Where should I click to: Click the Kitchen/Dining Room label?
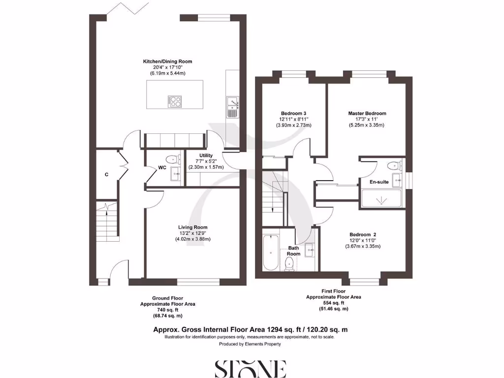tap(167, 62)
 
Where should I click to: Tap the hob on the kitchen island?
tap(175, 101)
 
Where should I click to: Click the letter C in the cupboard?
tap(106, 174)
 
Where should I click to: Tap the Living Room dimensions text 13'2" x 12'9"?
tap(193, 233)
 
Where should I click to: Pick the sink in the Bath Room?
tap(310, 250)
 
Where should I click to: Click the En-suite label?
tap(379, 182)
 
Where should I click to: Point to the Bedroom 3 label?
tap(293, 112)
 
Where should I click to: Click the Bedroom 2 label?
tap(363, 234)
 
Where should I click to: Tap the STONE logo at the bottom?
tap(251, 368)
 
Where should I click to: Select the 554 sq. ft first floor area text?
tap(334, 303)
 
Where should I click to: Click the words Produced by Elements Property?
tap(250, 344)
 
